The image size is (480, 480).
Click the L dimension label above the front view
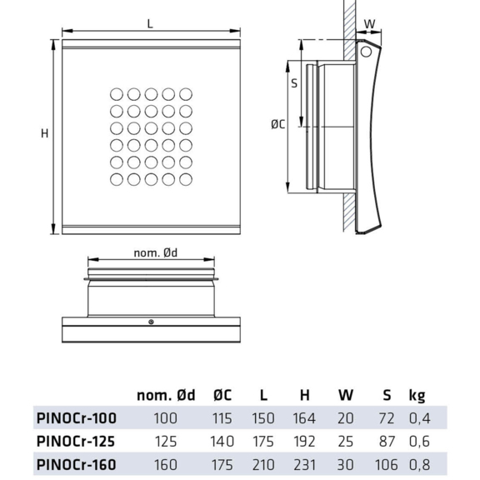pos(150,25)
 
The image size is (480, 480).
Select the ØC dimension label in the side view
pos(278,125)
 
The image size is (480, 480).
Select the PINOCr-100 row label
pos(77,417)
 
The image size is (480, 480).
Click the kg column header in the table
pos(417,395)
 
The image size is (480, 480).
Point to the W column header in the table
pos(346,395)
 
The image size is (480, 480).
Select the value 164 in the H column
pos(306,417)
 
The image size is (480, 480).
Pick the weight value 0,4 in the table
pos(418,417)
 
